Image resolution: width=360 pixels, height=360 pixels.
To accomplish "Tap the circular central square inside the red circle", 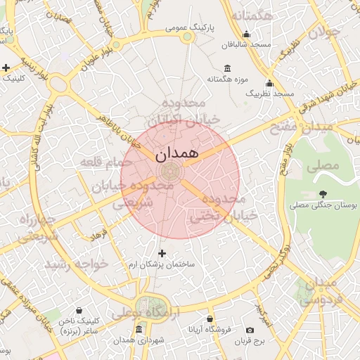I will click(169, 171).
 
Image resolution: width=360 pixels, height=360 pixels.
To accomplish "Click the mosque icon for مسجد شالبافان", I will click(246, 34).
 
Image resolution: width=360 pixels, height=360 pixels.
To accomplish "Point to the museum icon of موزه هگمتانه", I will click(227, 69).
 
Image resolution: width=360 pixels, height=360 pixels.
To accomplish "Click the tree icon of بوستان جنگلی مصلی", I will click(323, 194).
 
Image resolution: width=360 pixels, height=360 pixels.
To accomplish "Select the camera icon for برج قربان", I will click(250, 330).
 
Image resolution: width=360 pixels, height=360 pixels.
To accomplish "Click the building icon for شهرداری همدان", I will click(139, 330).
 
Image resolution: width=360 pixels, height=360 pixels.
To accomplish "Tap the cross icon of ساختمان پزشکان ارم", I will click(162, 253).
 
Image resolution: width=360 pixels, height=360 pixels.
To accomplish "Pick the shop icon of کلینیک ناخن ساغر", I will click(78, 309).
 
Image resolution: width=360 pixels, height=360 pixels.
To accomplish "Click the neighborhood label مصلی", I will click(323, 165).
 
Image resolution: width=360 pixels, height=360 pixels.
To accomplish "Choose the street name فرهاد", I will click(98, 231).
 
